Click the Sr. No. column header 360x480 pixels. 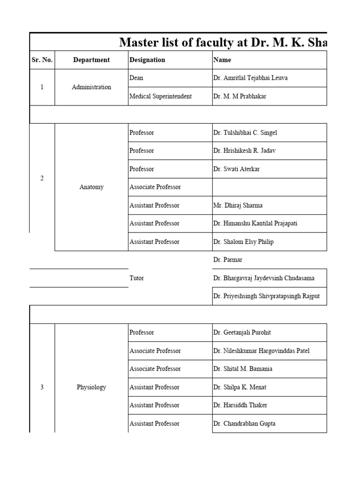click(42, 60)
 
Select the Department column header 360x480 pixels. click(91, 60)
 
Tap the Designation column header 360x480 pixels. click(147, 60)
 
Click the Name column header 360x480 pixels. click(222, 60)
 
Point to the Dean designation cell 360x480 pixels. click(136, 78)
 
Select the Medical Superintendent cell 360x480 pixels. click(161, 96)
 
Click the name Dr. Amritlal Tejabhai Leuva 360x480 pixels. click(250, 78)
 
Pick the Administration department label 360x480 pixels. click(91, 87)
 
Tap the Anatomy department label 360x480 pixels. click(91, 187)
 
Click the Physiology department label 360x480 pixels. click(91, 387)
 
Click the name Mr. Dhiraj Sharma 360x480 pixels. click(238, 205)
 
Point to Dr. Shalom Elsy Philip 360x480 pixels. click(243, 242)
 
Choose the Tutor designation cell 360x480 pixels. click(137, 278)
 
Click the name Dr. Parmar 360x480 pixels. click(228, 260)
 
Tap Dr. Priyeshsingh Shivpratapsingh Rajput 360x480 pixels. click(266, 296)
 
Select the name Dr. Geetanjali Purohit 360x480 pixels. click(242, 332)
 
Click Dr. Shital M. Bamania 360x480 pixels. click(242, 369)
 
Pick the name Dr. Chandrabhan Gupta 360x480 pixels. click(244, 423)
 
